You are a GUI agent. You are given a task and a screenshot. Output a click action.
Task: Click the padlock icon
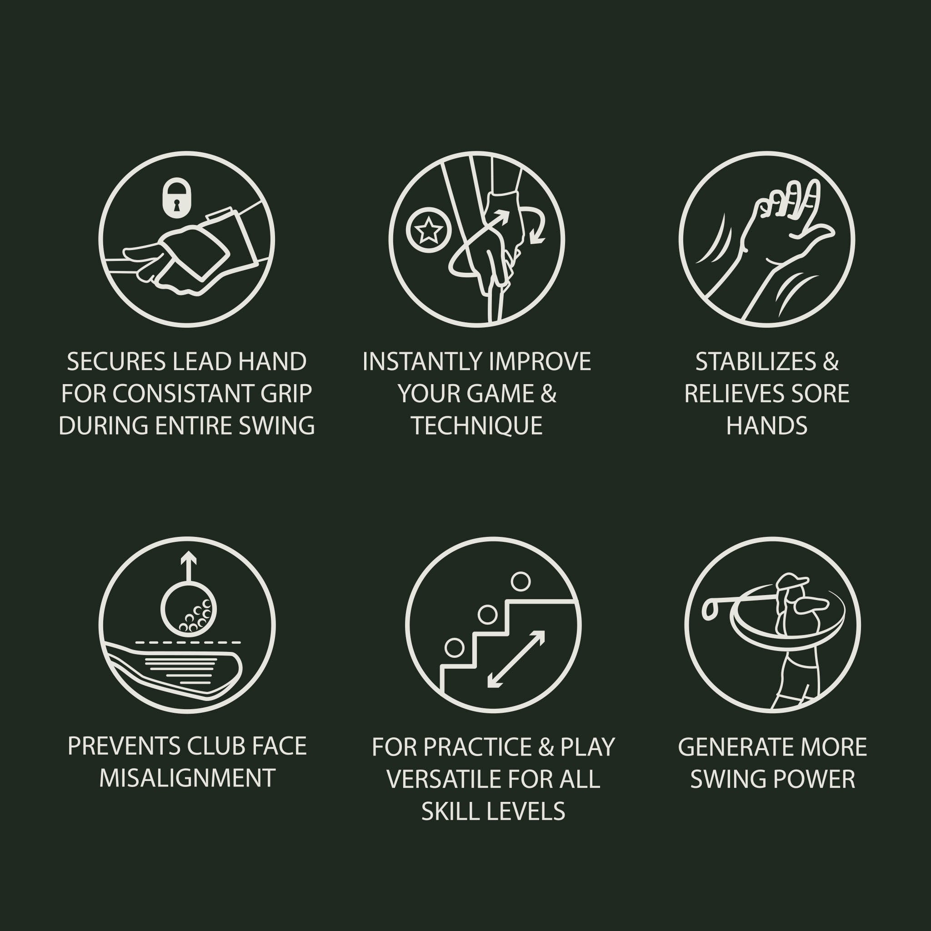pos(176,198)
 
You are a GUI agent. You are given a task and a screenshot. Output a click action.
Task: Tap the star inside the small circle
pos(427,231)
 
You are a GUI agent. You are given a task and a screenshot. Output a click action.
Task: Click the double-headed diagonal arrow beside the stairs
pos(516,659)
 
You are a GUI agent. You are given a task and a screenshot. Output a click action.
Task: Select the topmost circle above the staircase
pos(521,581)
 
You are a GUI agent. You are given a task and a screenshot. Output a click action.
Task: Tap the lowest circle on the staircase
pos(454,648)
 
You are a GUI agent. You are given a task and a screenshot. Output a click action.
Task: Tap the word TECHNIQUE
pos(477,426)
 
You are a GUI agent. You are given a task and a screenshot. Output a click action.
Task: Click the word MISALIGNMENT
pos(187,778)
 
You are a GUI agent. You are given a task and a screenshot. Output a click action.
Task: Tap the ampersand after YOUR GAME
pos(548,394)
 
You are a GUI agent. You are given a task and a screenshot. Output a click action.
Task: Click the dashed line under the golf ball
pos(188,642)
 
